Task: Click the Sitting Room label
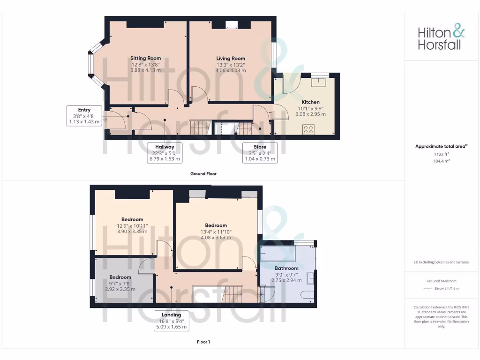click(x=145, y=59)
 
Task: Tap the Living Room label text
click(x=231, y=59)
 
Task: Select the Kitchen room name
click(x=310, y=102)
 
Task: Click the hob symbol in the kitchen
click(x=308, y=129)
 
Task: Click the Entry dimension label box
click(x=84, y=116)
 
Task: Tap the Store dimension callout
click(x=260, y=153)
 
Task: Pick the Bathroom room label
click(x=286, y=269)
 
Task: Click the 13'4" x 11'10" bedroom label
click(x=216, y=225)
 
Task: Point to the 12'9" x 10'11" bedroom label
click(x=132, y=219)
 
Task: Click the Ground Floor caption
click(x=203, y=174)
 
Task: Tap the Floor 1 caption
click(x=203, y=342)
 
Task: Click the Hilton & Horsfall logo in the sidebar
click(x=442, y=38)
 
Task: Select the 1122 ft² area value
click(x=442, y=154)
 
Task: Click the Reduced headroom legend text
click(x=442, y=281)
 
